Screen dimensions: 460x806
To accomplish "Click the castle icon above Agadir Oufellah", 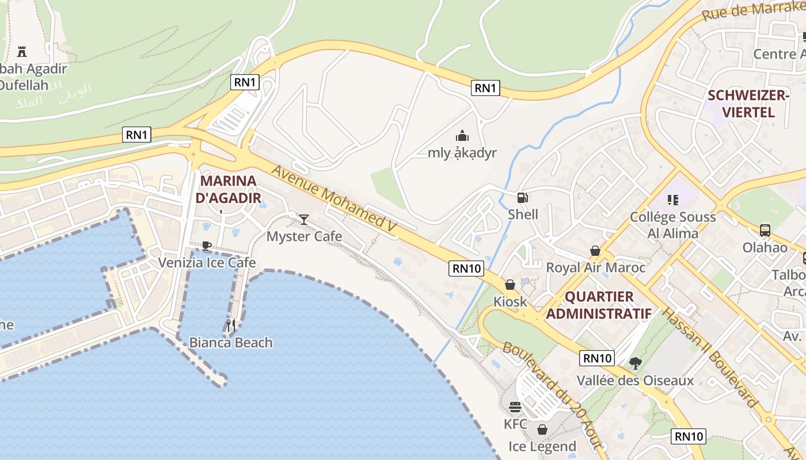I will (x=22, y=51).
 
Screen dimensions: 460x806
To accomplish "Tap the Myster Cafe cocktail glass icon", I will (x=304, y=219).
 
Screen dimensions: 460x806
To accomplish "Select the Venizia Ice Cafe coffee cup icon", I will (x=207, y=246).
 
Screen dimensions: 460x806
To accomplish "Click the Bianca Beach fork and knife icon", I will (x=231, y=325).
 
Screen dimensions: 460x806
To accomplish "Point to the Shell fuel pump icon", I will (x=523, y=198).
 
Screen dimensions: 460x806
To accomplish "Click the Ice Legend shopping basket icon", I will (x=542, y=430).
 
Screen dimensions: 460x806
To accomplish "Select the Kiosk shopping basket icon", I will (x=510, y=285).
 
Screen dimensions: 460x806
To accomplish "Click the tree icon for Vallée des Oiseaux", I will (x=636, y=363).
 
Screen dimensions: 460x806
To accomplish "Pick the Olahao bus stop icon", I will (x=765, y=231).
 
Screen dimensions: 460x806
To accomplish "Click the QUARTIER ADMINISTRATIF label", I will (x=599, y=305).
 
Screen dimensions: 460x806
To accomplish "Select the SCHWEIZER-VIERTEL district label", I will (x=748, y=103).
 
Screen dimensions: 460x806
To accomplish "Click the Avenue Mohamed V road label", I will (x=334, y=199).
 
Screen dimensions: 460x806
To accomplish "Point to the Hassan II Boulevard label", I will (x=710, y=357).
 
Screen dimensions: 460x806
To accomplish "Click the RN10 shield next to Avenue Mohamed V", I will (x=466, y=268).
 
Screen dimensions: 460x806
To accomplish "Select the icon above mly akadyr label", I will (x=462, y=136).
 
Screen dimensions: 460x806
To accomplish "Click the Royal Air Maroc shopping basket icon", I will (x=595, y=251).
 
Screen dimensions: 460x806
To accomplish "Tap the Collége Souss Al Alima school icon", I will (x=673, y=200).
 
